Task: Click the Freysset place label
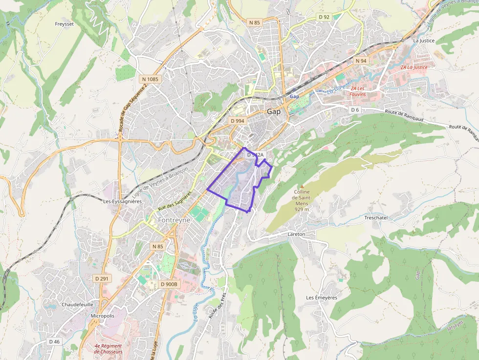click(x=64, y=23)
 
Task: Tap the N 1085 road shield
click(x=150, y=79)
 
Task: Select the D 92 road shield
click(x=324, y=17)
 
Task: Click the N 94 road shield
click(x=361, y=60)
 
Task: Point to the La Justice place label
click(x=424, y=41)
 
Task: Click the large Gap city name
click(x=274, y=111)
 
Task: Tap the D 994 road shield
click(x=237, y=121)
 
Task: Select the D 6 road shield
click(x=355, y=110)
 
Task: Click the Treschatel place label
click(x=376, y=217)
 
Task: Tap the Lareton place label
click(x=296, y=234)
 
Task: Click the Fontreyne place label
click(x=174, y=220)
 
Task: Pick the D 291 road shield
click(x=102, y=278)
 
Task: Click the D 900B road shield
click(x=170, y=284)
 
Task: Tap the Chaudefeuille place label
click(x=77, y=304)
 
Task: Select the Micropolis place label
click(x=103, y=316)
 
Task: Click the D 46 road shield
click(x=54, y=341)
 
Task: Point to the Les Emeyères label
click(x=322, y=297)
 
